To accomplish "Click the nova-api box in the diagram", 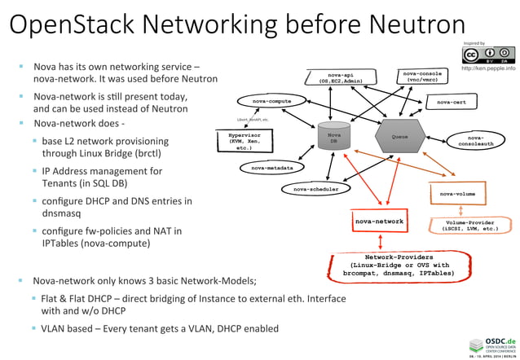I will [x=342, y=77].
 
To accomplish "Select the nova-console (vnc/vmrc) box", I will [x=422, y=77].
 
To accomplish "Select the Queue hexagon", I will [x=399, y=137].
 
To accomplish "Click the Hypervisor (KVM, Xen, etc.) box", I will [x=245, y=140].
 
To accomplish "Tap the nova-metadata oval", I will [x=272, y=168].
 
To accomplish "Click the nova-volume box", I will [x=457, y=195].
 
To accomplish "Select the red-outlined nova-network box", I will [x=378, y=221].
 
